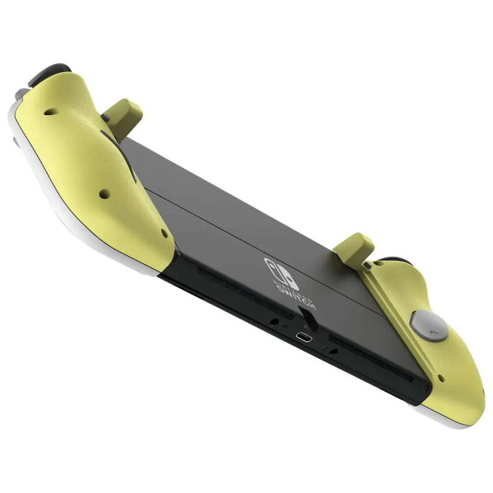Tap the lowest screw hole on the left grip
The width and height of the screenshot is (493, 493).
(164, 235)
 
